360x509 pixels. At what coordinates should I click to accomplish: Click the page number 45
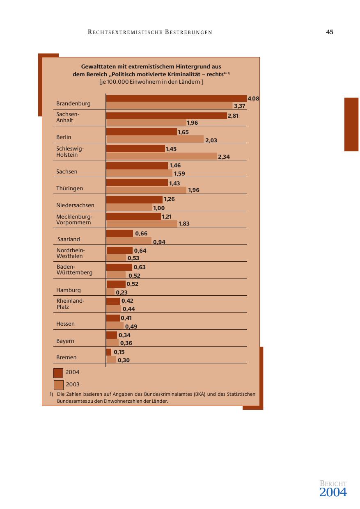coord(330,32)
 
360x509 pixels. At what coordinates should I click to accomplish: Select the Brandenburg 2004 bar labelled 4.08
coord(176,98)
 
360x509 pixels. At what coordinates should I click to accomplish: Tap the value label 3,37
coord(240,106)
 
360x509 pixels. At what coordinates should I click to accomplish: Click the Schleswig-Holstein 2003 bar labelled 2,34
coord(161,156)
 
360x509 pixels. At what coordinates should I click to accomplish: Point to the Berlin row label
coord(64,137)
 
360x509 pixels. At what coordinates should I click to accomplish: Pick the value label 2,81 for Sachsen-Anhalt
coord(233,116)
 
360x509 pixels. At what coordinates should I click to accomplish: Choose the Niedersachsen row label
coord(75,205)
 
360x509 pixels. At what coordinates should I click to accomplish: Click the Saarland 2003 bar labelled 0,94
coord(128,241)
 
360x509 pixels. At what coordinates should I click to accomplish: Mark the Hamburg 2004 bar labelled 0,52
coord(116,284)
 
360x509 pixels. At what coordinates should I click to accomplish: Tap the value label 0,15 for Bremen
coord(119,352)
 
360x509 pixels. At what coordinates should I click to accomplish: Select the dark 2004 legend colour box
coord(58,373)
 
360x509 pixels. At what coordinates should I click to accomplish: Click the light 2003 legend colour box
coord(59,385)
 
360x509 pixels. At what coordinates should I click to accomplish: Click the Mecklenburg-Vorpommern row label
coord(74,220)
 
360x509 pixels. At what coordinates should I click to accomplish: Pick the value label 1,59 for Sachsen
coord(179,173)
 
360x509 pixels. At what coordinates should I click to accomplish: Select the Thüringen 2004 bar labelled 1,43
coord(137,183)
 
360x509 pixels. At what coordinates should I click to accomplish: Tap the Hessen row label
coord(66,324)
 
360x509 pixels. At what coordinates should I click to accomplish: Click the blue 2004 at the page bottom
coord(333,493)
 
